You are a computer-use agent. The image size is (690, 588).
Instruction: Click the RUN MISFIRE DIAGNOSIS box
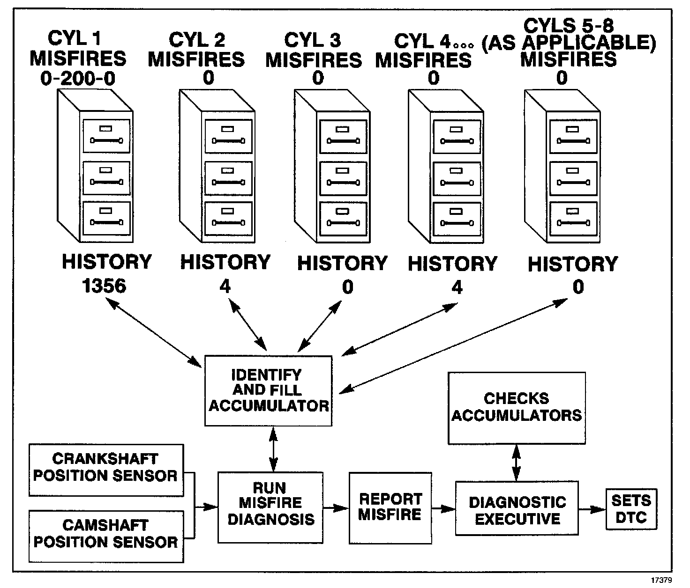pos(270,507)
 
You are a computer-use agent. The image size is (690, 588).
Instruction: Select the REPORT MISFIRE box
pos(390,507)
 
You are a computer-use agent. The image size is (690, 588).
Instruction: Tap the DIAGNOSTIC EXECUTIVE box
pos(517,508)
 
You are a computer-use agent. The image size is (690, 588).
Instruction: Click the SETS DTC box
pos(631,509)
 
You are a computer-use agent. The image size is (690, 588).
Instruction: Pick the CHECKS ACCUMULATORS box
pos(517,407)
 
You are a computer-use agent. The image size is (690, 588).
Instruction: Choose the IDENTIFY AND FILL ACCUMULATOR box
pos(269,390)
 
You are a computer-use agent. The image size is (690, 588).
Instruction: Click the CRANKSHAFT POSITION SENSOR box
pos(106,470)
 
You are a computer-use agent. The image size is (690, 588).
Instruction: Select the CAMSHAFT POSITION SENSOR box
pos(106,536)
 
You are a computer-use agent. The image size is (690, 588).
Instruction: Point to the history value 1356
pos(104,286)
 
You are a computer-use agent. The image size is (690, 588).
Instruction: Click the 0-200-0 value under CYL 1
pos(78,78)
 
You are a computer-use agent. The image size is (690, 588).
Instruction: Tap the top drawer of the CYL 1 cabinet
pos(106,136)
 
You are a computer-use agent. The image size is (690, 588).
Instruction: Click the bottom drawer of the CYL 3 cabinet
pos(344,218)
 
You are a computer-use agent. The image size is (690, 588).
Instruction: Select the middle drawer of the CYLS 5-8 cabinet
pos(573,177)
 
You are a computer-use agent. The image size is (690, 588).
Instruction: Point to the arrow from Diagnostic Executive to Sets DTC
pos(592,509)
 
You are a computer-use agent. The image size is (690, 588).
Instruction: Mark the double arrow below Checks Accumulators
pos(516,462)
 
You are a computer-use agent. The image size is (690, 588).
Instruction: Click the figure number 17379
pos(661,580)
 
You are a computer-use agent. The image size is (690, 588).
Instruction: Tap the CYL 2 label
pos(197,40)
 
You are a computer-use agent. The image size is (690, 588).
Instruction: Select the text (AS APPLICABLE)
pos(568,43)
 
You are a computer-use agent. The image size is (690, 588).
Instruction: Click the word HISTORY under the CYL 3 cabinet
pos(342,264)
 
